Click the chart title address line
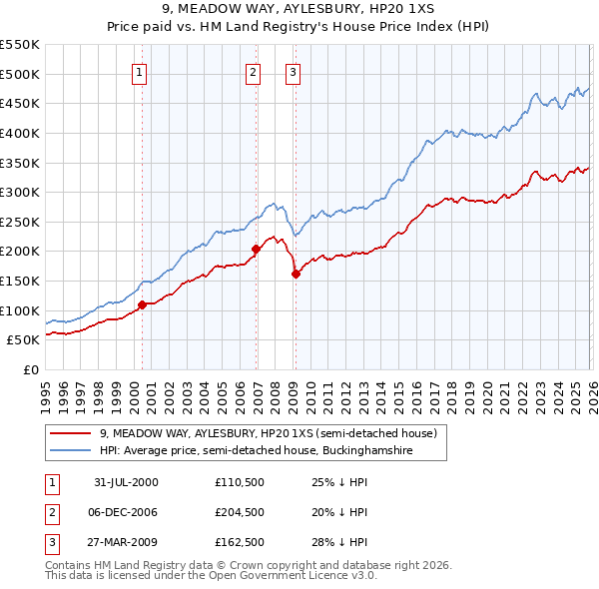[x=299, y=9]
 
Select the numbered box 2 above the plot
[x=254, y=72]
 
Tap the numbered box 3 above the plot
[x=293, y=72]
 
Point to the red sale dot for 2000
[x=143, y=304]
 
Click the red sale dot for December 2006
[x=256, y=249]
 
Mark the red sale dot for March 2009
[x=296, y=274]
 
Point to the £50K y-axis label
[x=23, y=340]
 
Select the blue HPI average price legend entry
[x=256, y=451]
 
